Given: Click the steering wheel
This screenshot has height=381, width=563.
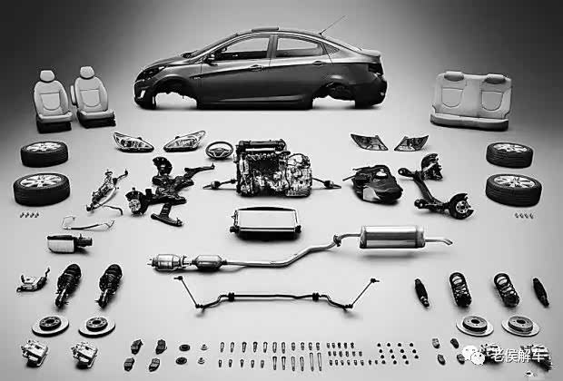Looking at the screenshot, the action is (219, 151).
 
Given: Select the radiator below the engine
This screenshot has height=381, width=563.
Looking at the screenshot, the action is (265, 221).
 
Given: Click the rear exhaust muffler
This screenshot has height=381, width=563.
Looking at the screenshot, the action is (392, 237).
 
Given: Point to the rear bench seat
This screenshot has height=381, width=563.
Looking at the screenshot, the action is (471, 101).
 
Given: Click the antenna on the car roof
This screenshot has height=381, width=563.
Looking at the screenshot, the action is (332, 25).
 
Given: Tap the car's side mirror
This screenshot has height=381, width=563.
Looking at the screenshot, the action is (210, 57).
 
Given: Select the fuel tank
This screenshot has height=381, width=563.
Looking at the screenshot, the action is (375, 183).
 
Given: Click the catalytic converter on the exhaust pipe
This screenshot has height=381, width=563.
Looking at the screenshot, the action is (208, 262).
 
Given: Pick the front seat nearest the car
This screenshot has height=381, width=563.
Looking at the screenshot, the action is (93, 98).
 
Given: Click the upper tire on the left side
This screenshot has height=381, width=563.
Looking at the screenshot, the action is (44, 154).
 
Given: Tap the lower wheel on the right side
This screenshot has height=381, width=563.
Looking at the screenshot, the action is (514, 190).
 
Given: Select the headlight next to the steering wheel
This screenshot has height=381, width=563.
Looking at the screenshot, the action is (184, 141).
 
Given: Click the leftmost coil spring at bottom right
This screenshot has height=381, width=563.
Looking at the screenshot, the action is (460, 289).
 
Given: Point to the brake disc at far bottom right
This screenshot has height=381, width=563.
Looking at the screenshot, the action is (520, 325).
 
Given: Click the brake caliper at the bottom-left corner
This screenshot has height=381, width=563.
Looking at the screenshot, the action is (35, 353).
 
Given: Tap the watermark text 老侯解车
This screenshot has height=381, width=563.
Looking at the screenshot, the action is (519, 354).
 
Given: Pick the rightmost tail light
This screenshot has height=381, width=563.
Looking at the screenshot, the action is (412, 143).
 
